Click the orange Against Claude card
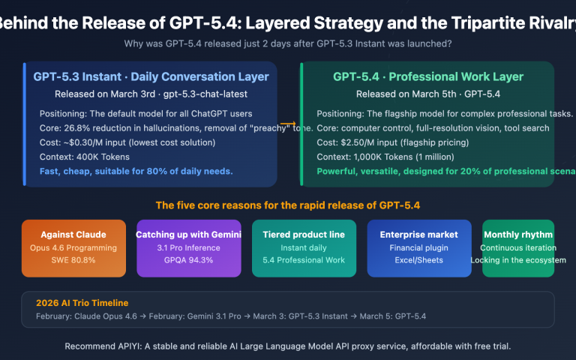73,247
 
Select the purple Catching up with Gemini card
189,247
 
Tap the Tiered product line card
304,247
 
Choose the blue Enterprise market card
419,247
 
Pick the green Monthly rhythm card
518,247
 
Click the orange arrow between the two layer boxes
287,124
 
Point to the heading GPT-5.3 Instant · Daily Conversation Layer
151,76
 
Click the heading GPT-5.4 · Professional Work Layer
428,76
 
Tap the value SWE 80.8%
73,260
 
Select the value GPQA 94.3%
189,260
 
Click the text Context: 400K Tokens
87,157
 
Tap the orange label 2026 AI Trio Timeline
82,303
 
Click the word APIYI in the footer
130,346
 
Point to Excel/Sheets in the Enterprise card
419,260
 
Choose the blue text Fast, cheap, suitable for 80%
136,171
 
